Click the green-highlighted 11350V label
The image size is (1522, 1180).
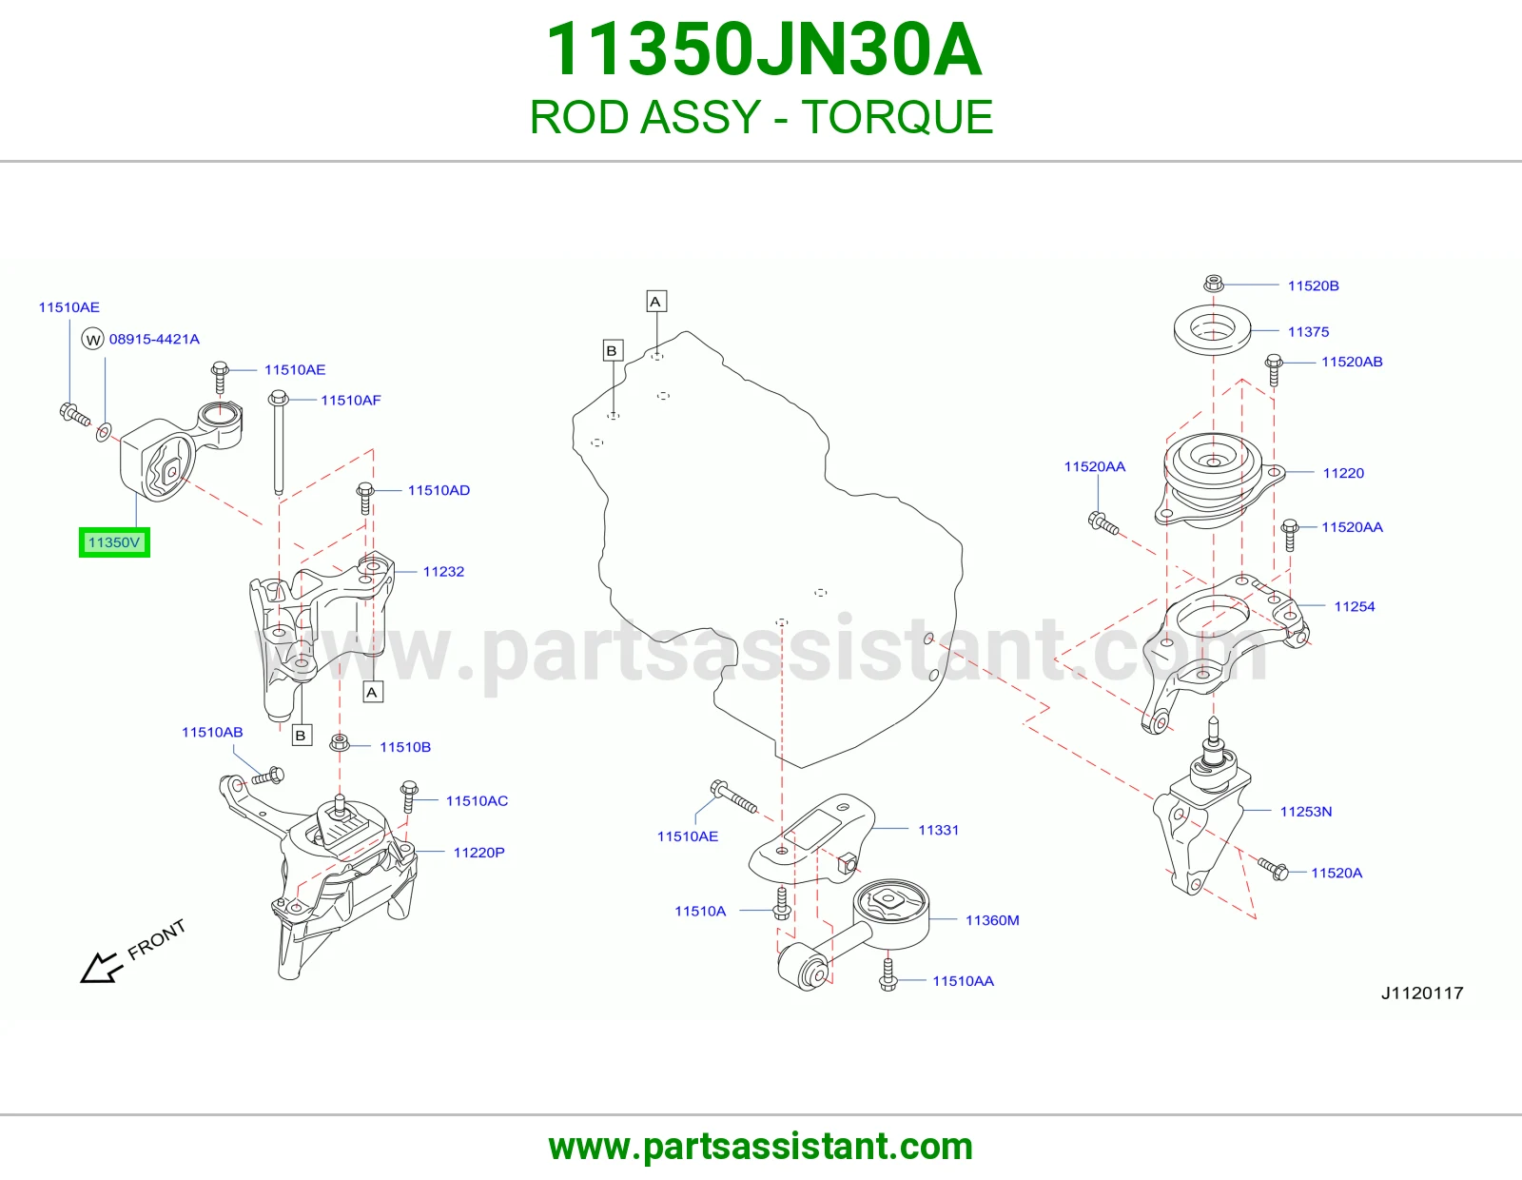click(x=114, y=542)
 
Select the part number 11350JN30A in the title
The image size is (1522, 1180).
click(x=764, y=49)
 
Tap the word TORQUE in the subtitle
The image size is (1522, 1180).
click(x=897, y=117)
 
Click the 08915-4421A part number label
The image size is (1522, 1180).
click(x=154, y=339)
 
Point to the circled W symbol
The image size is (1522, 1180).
click(x=93, y=340)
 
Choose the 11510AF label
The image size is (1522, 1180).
click(x=351, y=400)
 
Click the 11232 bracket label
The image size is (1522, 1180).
click(x=443, y=571)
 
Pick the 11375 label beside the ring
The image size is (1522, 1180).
click(x=1308, y=331)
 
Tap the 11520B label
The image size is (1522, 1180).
click(x=1314, y=285)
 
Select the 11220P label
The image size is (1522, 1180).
click(x=479, y=852)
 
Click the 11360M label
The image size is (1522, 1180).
click(x=992, y=920)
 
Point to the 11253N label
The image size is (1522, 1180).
click(x=1306, y=812)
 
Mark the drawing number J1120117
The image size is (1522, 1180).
click(x=1422, y=993)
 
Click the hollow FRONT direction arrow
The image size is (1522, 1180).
click(x=101, y=968)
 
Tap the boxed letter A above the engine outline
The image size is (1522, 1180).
click(x=656, y=302)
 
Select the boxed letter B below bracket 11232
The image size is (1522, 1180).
click(x=302, y=735)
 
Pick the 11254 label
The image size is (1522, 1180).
click(x=1355, y=606)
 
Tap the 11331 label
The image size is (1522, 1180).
click(x=939, y=830)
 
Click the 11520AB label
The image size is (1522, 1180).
click(x=1352, y=362)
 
